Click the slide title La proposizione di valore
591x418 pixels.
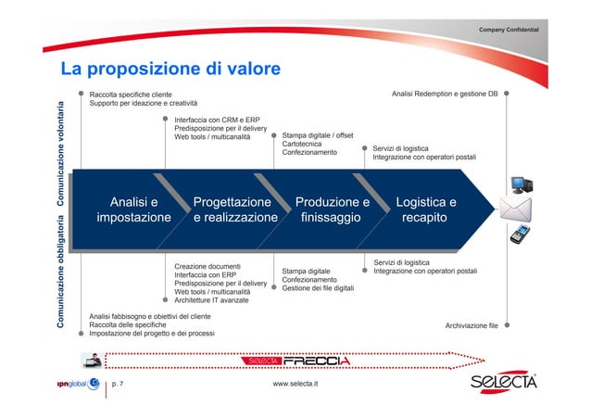pyautogui.click(x=170, y=70)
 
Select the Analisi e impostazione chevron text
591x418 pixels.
pyautogui.click(x=133, y=209)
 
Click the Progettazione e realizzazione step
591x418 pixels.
pyautogui.click(x=235, y=209)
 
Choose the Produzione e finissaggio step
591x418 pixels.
pyautogui.click(x=332, y=209)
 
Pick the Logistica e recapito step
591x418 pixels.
pyautogui.click(x=425, y=209)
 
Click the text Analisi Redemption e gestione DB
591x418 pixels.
pyautogui.click(x=445, y=94)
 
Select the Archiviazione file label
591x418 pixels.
pyautogui.click(x=472, y=325)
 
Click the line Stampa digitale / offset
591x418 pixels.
pyautogui.click(x=318, y=135)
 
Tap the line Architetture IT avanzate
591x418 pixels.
pyautogui.click(x=212, y=300)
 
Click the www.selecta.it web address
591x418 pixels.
pyautogui.click(x=295, y=383)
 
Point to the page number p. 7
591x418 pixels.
pyautogui.click(x=118, y=383)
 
